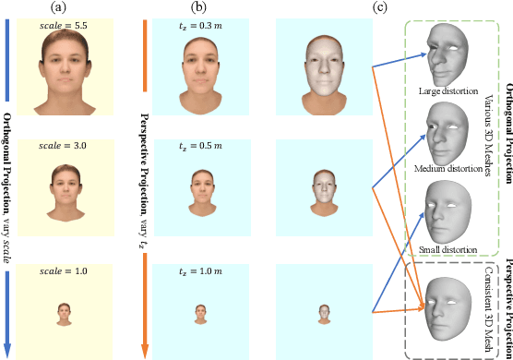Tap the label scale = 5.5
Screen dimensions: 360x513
[64, 29]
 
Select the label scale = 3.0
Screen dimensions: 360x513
[64, 147]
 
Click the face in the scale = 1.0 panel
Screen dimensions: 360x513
[64, 313]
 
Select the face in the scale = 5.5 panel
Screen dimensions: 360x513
[64, 76]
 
